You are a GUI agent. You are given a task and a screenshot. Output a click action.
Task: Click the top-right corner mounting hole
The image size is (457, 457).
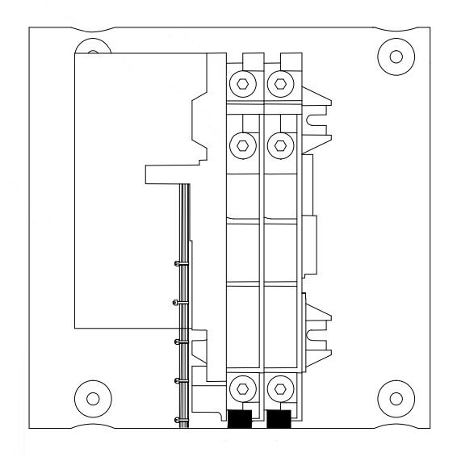[x=396, y=56]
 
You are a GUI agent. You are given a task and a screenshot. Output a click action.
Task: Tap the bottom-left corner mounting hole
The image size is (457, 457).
[x=93, y=399]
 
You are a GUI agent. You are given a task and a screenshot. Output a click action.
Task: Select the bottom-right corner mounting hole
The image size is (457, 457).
[x=396, y=399]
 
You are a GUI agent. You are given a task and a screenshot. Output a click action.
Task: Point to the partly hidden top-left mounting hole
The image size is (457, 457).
[x=92, y=54]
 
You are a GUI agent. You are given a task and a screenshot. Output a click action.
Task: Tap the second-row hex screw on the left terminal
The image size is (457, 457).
[x=242, y=145]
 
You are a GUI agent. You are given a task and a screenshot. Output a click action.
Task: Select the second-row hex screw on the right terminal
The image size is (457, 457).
[x=279, y=145]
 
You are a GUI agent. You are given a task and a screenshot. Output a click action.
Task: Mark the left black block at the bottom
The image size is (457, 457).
[x=240, y=420]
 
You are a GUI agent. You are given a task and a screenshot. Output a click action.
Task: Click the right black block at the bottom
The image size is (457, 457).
[x=279, y=420]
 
